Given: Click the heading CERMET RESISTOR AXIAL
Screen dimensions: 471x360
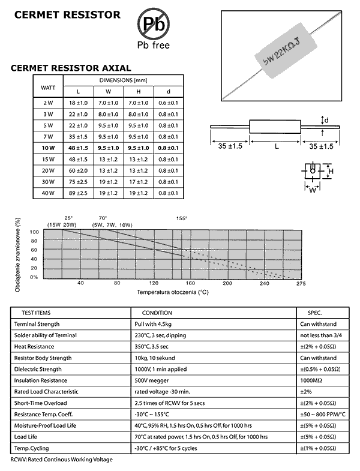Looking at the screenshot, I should (x=71, y=68).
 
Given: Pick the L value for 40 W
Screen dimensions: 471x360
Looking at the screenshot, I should (x=78, y=193).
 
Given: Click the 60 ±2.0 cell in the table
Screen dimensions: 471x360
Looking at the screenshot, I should (x=78, y=170).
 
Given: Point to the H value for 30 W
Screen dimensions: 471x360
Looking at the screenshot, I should (x=139, y=182).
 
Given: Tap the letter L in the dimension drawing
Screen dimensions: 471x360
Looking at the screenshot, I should (x=276, y=146).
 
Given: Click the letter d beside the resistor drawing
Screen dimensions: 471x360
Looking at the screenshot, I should (x=326, y=120).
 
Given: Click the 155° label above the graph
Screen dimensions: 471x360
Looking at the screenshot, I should (x=181, y=218).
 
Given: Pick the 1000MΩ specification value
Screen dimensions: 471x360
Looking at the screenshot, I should (x=311, y=380).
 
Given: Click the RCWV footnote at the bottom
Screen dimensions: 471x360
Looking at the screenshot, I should (x=62, y=459).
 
